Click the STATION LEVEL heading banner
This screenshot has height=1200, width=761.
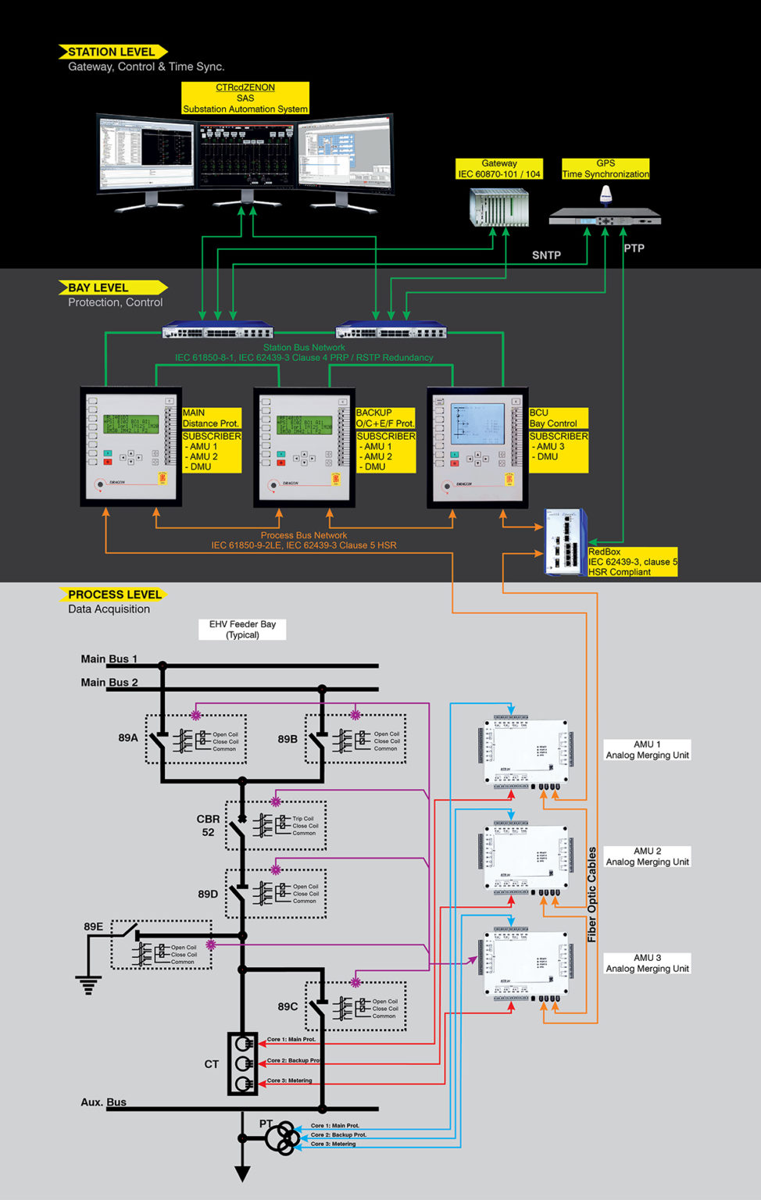(x=112, y=52)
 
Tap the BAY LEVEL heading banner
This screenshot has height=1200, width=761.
(x=98, y=287)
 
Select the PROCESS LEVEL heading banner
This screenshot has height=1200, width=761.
(x=114, y=595)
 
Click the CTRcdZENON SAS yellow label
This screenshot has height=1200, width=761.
(x=245, y=98)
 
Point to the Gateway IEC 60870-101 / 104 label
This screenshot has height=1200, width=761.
(x=499, y=169)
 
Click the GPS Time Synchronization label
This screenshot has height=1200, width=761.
(x=606, y=169)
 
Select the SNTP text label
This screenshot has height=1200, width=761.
(x=546, y=255)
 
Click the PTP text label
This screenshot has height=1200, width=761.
(x=634, y=248)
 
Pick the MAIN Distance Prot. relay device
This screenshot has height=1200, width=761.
(x=130, y=446)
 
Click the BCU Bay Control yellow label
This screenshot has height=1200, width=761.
(x=558, y=418)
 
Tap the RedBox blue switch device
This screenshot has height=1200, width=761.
(x=564, y=542)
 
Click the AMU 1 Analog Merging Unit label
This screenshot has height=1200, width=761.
(x=647, y=750)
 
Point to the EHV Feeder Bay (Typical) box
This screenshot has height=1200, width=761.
(x=242, y=630)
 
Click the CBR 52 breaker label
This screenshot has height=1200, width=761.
(x=208, y=826)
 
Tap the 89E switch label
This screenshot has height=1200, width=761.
(x=93, y=927)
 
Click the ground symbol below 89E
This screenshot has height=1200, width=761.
(x=88, y=985)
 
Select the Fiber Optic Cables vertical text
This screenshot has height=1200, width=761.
(x=591, y=895)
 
